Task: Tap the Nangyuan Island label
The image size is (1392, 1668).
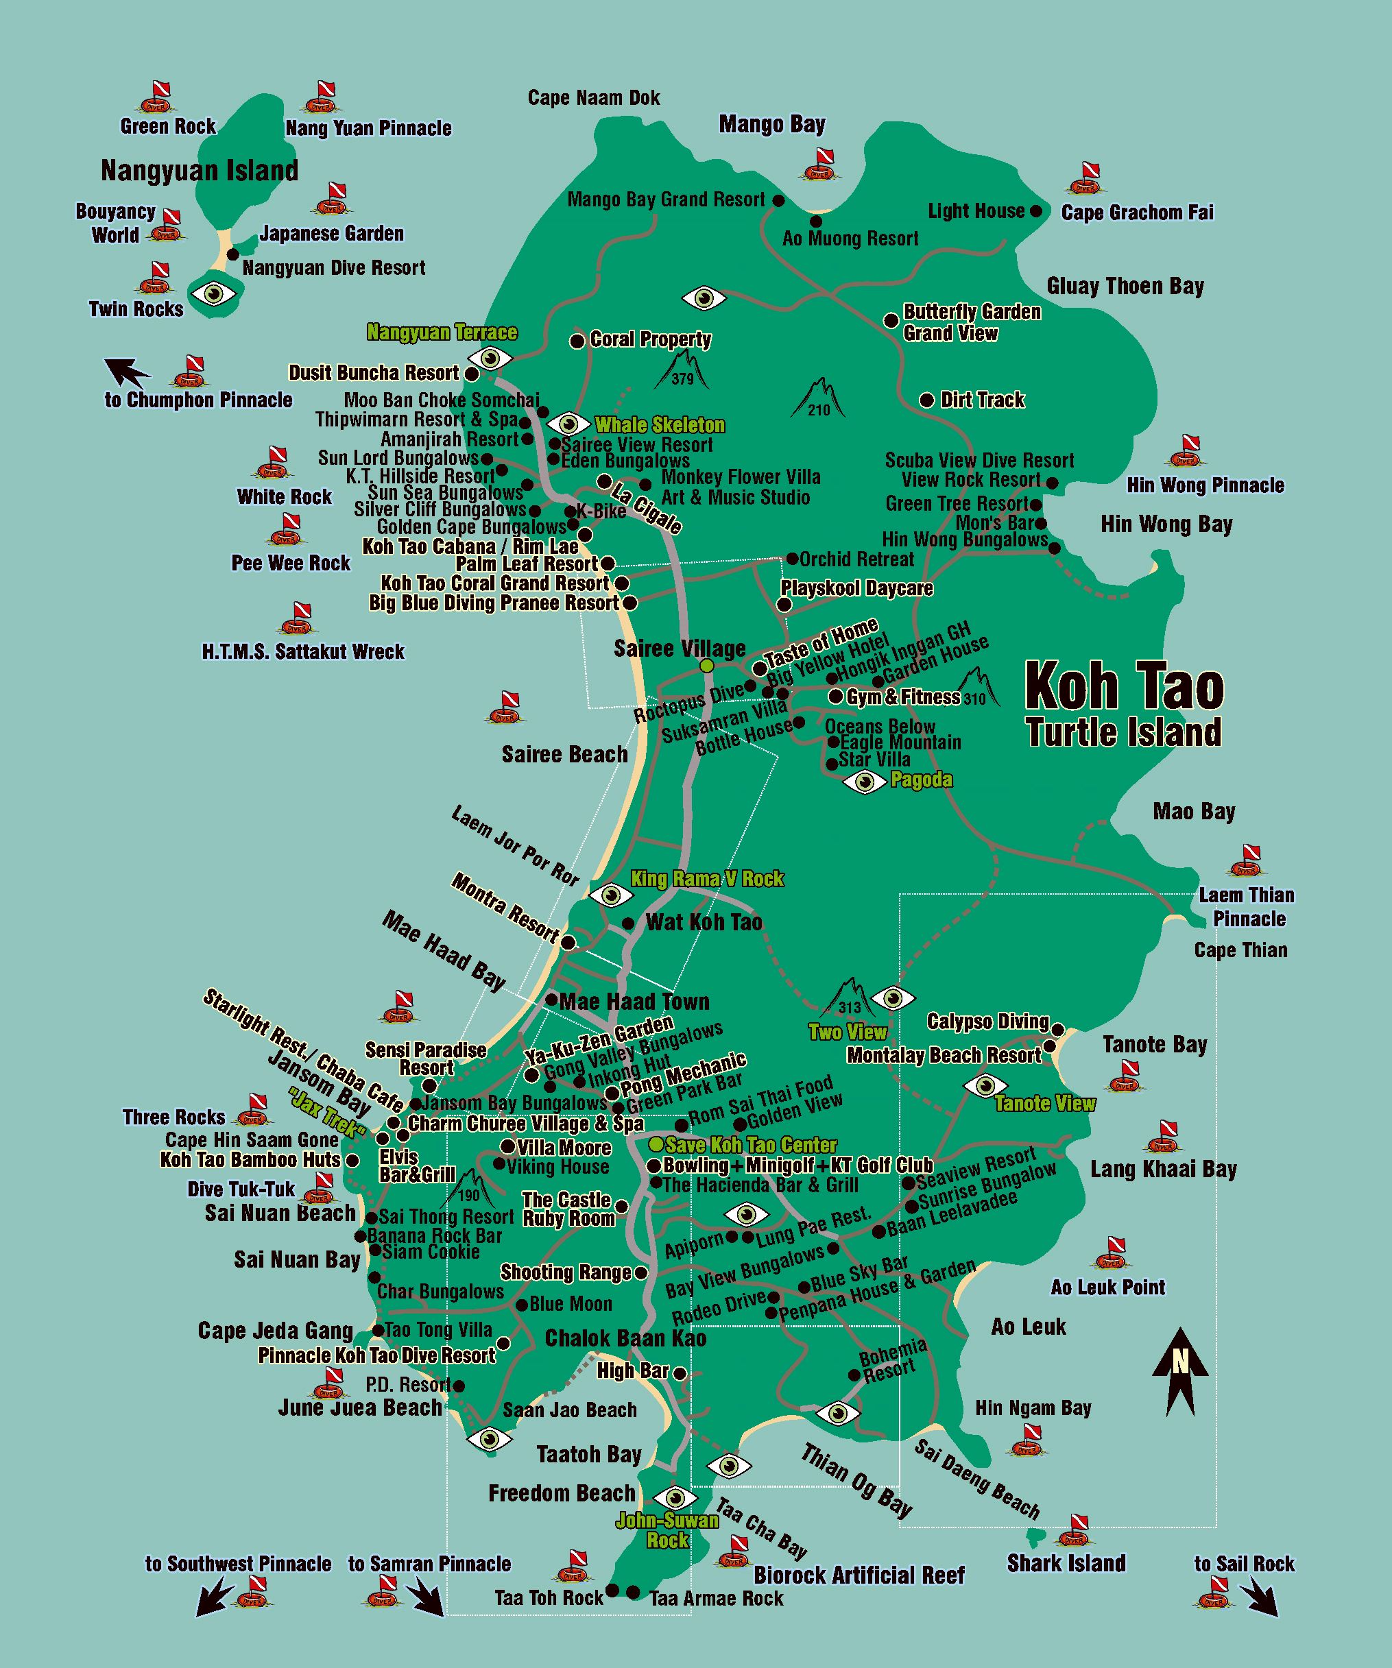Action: [200, 170]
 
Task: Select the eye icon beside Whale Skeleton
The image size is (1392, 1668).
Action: [569, 424]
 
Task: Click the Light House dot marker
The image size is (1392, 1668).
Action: [1036, 211]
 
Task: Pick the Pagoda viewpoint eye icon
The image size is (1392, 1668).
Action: [865, 782]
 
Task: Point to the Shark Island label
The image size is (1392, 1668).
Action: [1066, 1563]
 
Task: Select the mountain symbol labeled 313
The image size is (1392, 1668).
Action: [848, 998]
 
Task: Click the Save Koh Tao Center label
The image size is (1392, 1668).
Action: [751, 1146]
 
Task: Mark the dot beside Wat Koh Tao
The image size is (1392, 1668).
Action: [627, 923]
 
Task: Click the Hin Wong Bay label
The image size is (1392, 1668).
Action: [1166, 524]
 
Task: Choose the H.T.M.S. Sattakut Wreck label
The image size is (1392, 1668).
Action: [302, 652]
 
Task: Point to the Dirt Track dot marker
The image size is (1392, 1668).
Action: [926, 400]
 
